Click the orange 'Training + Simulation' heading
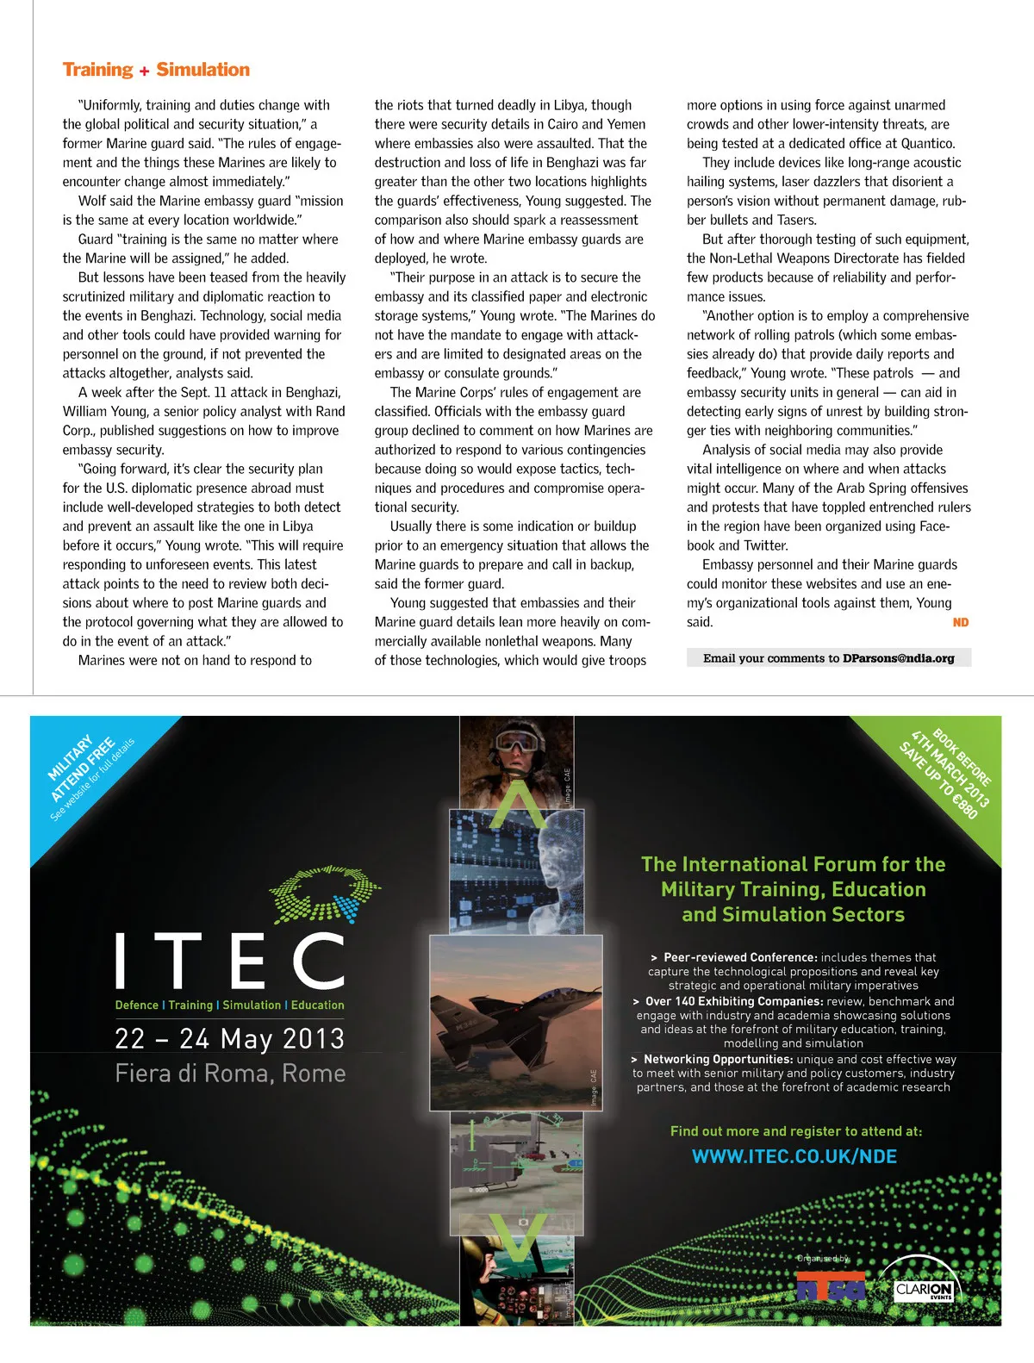click(x=156, y=70)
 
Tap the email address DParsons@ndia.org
click(x=898, y=658)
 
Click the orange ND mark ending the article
click(x=961, y=622)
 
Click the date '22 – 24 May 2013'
click(x=230, y=1038)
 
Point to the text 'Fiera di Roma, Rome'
click(x=230, y=1074)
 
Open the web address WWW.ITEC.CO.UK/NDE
click(x=794, y=1156)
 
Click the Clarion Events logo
click(x=923, y=1289)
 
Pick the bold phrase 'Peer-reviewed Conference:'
click(x=740, y=957)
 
